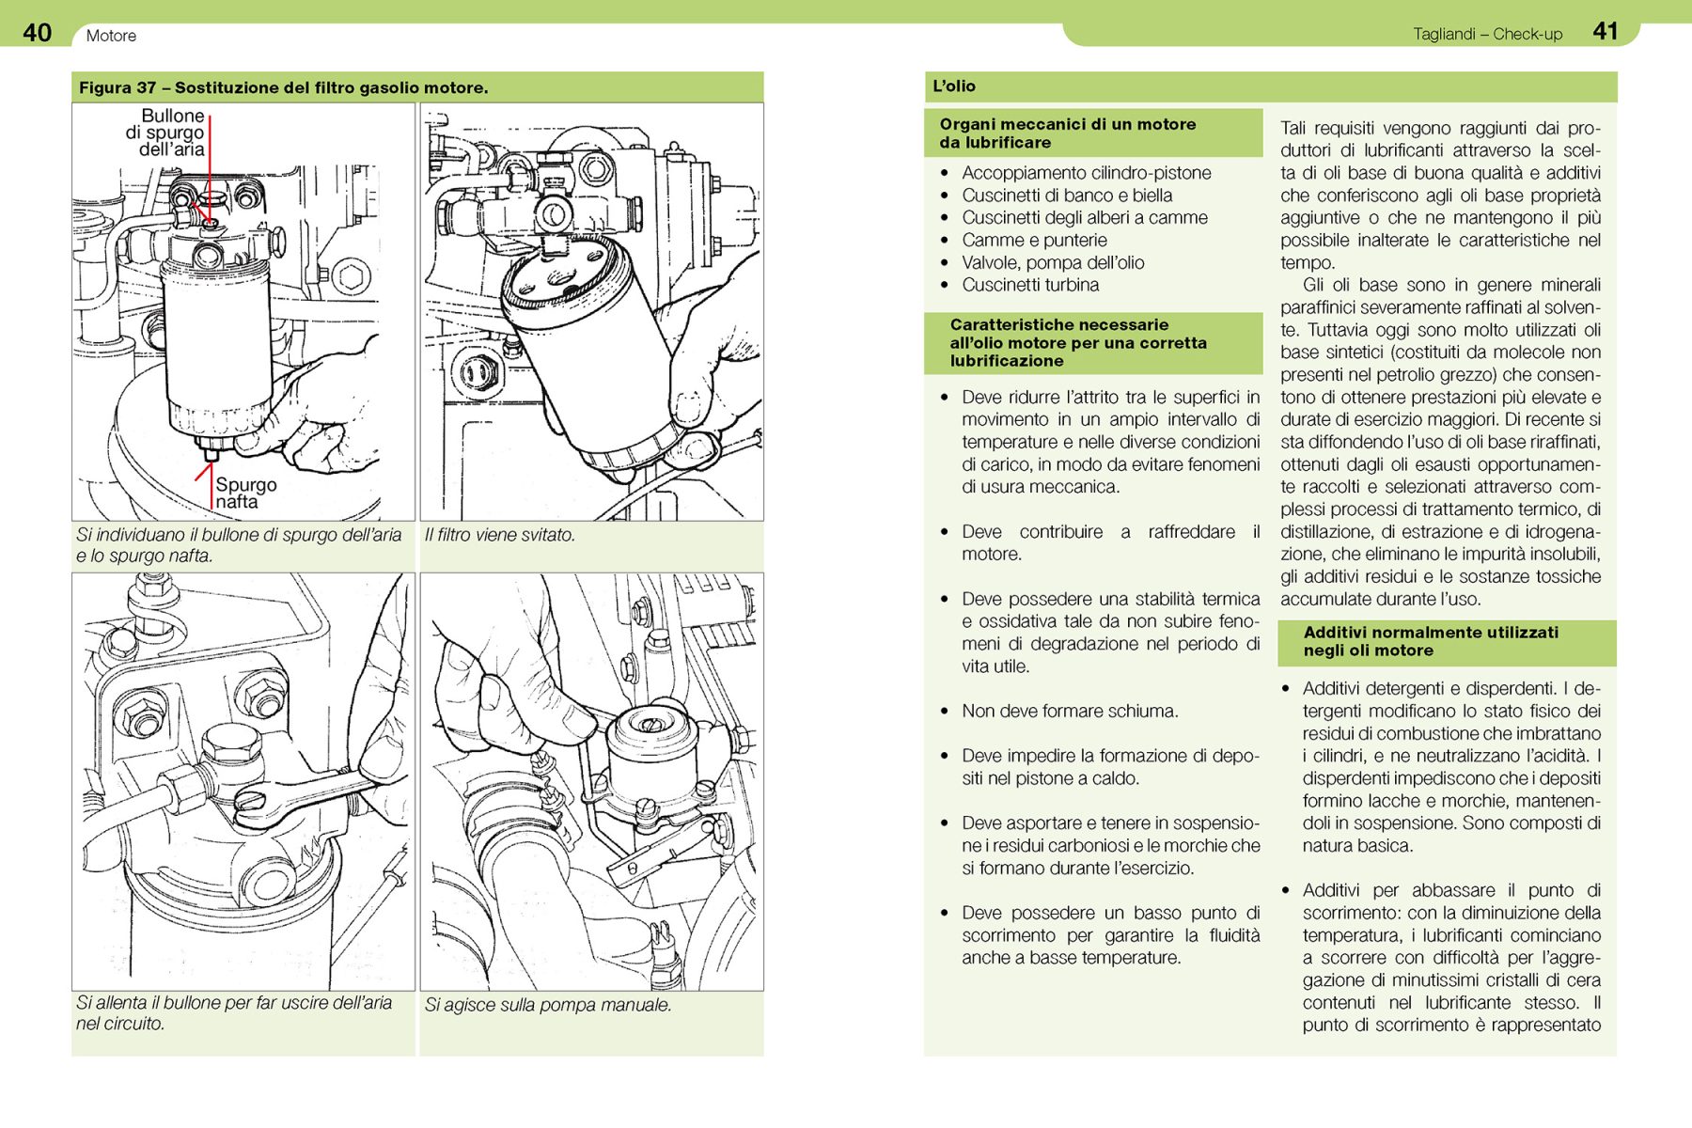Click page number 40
pos(37,33)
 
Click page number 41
pos(1605,32)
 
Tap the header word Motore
pos(111,36)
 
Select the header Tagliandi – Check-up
pos(1487,35)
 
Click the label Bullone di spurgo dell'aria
pos(165,133)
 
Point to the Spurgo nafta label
pos(245,493)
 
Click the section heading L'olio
pos(954,86)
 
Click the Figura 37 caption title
pos(283,88)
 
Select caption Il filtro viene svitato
pos(499,535)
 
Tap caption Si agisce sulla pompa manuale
pos(548,1005)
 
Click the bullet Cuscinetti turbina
pos(1029,285)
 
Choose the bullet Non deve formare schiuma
pos(1069,712)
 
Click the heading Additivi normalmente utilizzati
pos(1430,642)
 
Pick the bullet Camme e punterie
pos(1034,241)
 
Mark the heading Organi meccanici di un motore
pos(1067,133)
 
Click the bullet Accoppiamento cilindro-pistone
pos(1086,173)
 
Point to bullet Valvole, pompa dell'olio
pos(1052,263)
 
